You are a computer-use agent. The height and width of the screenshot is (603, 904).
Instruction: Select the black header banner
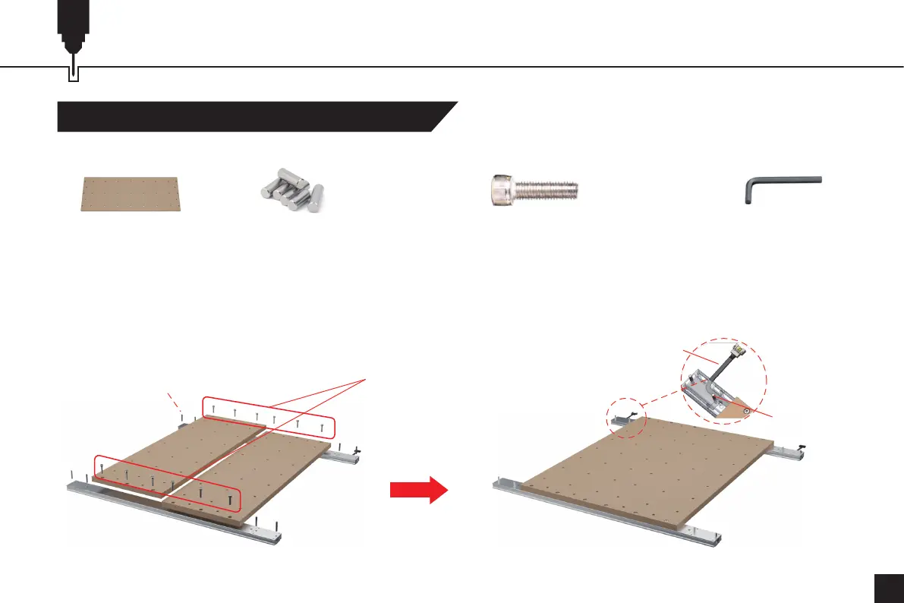pyautogui.click(x=250, y=116)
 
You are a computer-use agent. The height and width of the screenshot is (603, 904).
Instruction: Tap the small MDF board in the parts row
pyautogui.click(x=131, y=194)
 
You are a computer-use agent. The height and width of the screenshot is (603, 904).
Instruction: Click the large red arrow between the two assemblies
pyautogui.click(x=417, y=490)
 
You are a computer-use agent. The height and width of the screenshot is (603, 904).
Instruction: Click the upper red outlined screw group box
pyautogui.click(x=267, y=415)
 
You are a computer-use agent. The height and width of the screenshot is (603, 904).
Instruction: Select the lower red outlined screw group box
pyautogui.click(x=168, y=483)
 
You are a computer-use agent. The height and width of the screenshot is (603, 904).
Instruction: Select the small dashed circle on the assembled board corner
pyautogui.click(x=625, y=418)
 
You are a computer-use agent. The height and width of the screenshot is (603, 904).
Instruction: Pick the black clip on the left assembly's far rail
pyautogui.click(x=358, y=453)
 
